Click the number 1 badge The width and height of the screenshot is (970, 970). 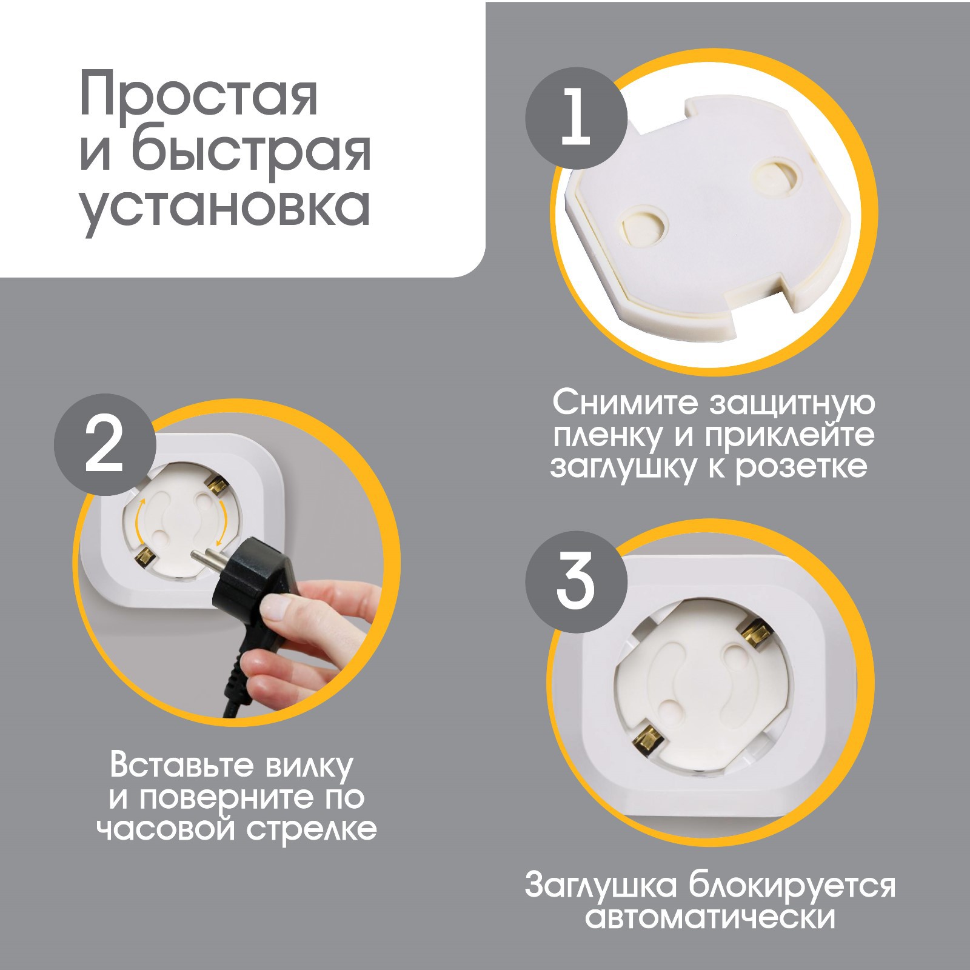576,118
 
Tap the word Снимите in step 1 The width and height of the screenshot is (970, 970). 625,403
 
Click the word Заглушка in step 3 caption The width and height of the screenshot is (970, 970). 601,885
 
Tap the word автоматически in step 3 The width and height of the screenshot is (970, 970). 710,917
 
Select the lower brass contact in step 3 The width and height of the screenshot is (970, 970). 648,738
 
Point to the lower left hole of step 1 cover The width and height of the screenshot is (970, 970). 646,226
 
